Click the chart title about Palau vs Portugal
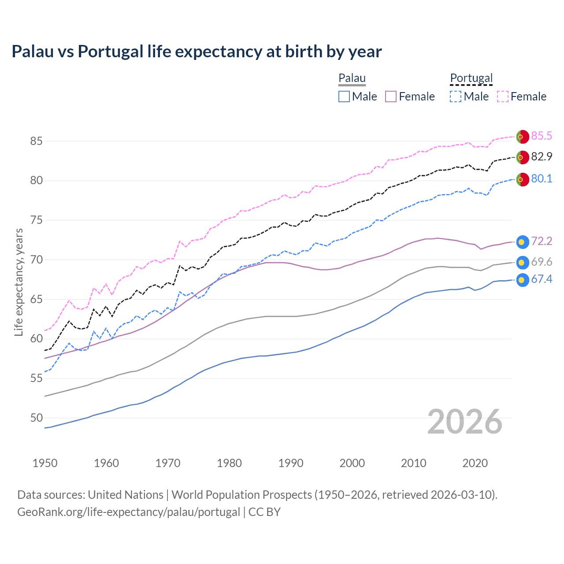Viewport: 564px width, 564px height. (197, 52)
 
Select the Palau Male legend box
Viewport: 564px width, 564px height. (344, 96)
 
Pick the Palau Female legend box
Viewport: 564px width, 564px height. (391, 96)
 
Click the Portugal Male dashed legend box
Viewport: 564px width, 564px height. (456, 96)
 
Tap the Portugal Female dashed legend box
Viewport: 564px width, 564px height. (503, 96)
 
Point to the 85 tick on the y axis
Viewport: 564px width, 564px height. (36, 141)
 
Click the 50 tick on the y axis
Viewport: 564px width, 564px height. (36, 418)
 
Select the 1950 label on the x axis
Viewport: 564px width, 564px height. (45, 463)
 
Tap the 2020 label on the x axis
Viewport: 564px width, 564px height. (475, 463)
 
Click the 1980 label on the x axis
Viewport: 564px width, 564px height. (229, 463)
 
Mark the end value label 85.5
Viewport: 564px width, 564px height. (542, 136)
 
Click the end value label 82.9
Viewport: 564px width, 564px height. (542, 157)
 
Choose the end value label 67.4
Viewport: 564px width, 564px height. (542, 279)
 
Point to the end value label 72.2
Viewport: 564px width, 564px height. (542, 241)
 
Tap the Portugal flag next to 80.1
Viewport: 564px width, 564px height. (522, 180)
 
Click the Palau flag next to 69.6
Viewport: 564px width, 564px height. (522, 263)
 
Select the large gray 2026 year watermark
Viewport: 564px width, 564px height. (465, 422)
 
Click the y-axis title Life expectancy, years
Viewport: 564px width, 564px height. (19, 282)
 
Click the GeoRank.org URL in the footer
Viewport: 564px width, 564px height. (129, 512)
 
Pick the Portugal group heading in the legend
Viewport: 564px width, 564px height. (471, 78)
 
